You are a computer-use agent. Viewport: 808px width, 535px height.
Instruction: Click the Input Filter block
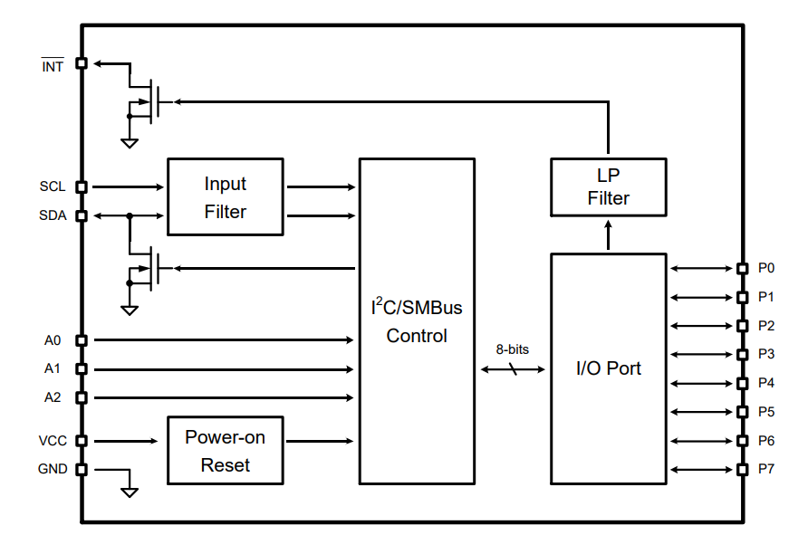coord(225,197)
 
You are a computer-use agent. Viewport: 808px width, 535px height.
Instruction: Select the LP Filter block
coord(608,186)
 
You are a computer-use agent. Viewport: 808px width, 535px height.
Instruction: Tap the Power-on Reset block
coord(225,451)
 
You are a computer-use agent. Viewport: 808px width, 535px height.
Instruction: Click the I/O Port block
coord(608,368)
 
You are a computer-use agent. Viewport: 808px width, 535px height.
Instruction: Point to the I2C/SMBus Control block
coord(417,321)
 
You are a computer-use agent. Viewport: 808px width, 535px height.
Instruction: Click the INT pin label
coord(53,66)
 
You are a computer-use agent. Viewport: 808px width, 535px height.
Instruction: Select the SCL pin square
coord(81,187)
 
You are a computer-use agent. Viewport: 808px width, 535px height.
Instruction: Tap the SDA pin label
coord(53,216)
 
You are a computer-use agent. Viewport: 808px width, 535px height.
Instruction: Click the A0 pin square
coord(81,340)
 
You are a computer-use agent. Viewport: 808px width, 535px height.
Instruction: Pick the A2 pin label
coord(53,397)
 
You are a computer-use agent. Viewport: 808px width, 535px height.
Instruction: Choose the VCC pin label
coord(53,441)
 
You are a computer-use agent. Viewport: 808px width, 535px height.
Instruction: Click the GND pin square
coord(81,470)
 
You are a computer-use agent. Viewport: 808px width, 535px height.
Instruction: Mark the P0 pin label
coord(766,268)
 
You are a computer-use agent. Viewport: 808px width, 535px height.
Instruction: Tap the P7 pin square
coord(742,469)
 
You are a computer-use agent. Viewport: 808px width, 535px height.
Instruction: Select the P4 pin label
coord(766,383)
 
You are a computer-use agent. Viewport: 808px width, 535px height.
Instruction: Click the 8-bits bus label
coord(512,349)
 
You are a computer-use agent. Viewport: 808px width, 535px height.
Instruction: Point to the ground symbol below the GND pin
coord(130,491)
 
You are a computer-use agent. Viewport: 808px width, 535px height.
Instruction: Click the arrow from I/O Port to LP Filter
coord(608,236)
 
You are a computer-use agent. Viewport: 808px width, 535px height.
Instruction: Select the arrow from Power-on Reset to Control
coord(321,441)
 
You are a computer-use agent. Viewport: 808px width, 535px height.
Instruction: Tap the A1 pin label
coord(53,369)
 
